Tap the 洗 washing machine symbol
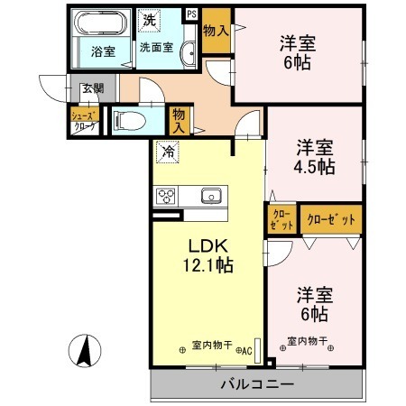[148, 16]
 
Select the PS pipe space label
[191, 14]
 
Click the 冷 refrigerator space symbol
[166, 152]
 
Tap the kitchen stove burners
[168, 196]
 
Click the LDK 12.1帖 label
[210, 255]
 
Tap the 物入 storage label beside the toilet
[180, 119]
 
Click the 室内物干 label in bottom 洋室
[307, 342]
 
